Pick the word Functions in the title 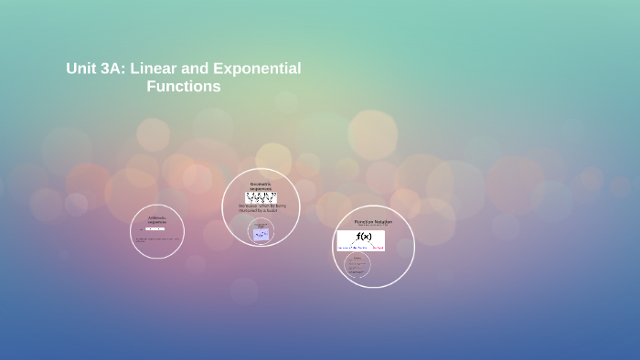184,87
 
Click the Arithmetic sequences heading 157,220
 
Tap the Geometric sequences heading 261,186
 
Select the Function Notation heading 373,222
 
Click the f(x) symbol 364,237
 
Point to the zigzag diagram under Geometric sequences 261,197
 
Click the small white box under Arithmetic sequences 155,228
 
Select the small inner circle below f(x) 357,266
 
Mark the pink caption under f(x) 379,247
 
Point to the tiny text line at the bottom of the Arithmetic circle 157,240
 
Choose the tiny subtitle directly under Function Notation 373,227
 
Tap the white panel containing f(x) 361,240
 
